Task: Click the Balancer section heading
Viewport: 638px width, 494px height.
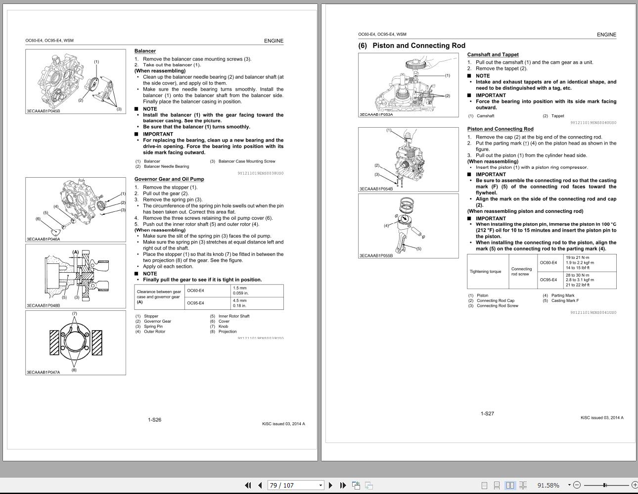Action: coord(145,51)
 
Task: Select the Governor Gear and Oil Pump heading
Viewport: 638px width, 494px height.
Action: coord(169,179)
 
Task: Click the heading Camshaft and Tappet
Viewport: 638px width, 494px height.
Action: coord(493,54)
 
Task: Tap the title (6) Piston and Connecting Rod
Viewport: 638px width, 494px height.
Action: coord(411,46)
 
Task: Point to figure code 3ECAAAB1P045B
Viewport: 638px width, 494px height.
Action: coord(43,111)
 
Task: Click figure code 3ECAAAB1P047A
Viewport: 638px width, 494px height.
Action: coord(43,372)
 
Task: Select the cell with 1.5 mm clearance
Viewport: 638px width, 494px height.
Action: coord(257,291)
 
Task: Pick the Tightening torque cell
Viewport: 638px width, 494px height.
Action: coord(485,271)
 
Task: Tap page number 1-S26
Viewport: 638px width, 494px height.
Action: coord(154,420)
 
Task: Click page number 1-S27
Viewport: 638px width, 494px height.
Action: coord(487,413)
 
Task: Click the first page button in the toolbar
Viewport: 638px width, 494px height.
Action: coord(248,485)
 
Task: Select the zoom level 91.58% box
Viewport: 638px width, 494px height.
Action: coord(549,485)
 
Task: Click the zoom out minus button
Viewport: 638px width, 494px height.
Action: coord(577,485)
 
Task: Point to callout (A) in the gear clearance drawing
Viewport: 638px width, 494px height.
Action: coord(76,252)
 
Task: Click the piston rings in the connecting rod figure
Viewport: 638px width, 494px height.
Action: coord(407,204)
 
